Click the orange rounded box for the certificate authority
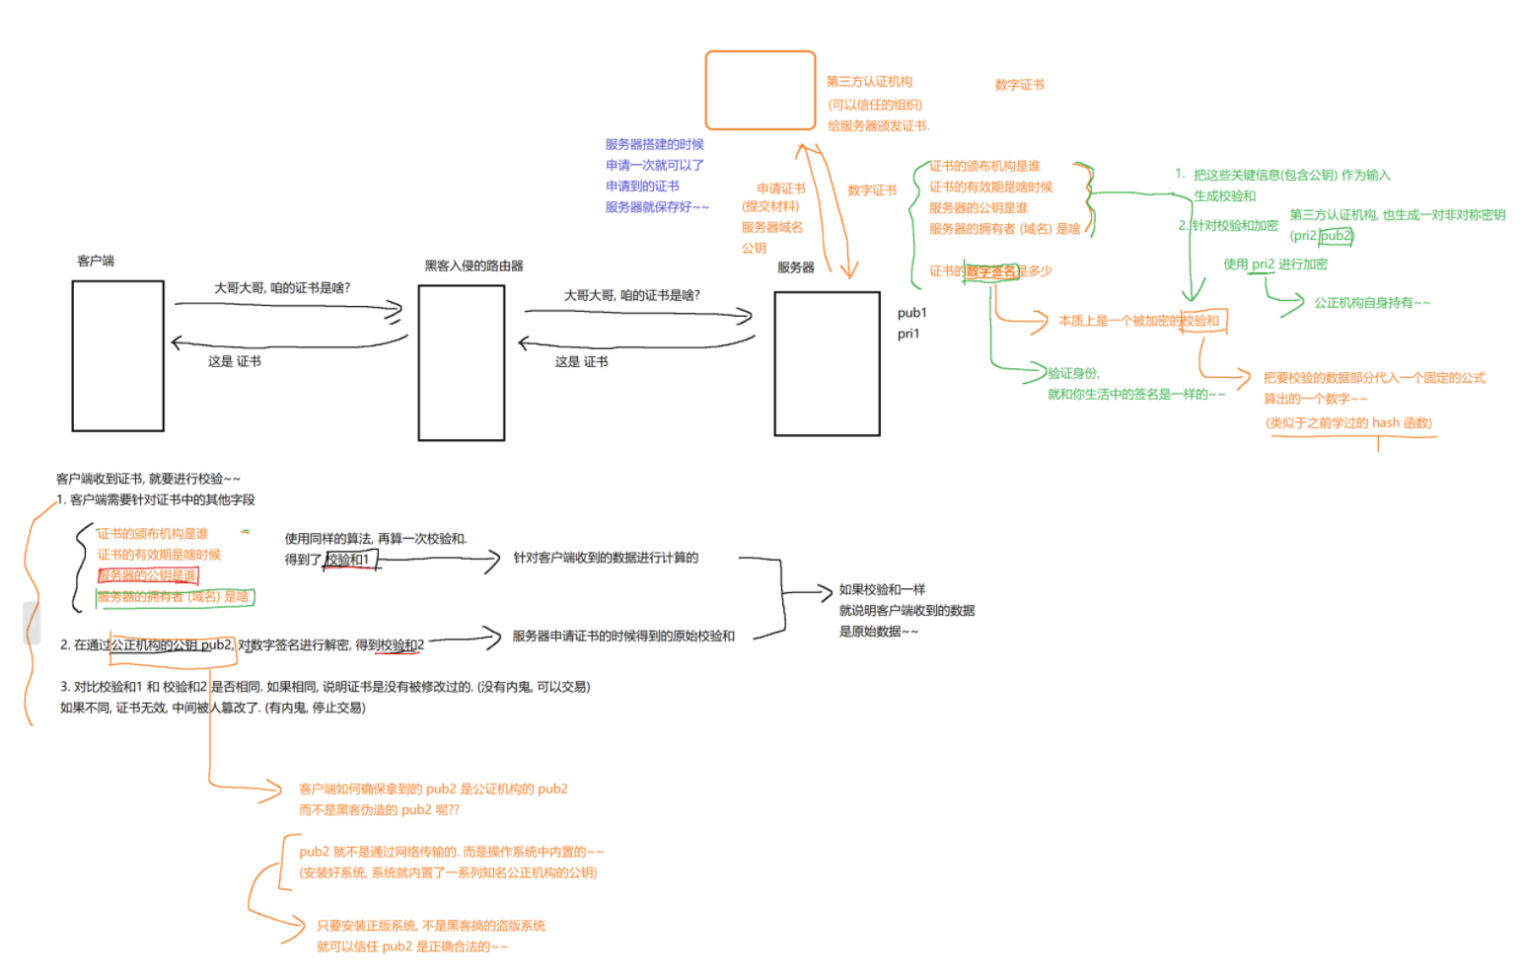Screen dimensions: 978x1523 point(760,91)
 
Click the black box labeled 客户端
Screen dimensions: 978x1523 point(117,355)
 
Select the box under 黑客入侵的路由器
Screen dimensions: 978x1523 point(461,362)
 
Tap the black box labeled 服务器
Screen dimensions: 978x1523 point(827,363)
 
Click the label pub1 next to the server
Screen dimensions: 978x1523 point(911,313)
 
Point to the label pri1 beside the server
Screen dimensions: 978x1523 point(908,334)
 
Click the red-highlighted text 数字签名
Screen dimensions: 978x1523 point(990,271)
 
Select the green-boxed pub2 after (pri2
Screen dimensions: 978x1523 point(1337,236)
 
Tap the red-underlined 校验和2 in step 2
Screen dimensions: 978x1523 point(402,645)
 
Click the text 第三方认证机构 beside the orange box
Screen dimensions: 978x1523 point(869,82)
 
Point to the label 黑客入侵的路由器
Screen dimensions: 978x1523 point(473,265)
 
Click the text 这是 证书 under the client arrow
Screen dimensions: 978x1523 point(235,361)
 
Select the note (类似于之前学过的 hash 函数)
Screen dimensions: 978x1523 point(1348,422)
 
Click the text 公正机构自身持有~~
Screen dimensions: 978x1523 point(1371,303)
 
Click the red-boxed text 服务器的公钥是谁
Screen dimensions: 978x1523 point(148,575)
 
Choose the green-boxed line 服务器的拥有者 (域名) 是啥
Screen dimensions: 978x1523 point(174,597)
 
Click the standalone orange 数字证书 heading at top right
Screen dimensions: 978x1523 point(1019,85)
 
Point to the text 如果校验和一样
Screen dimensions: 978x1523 point(882,589)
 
